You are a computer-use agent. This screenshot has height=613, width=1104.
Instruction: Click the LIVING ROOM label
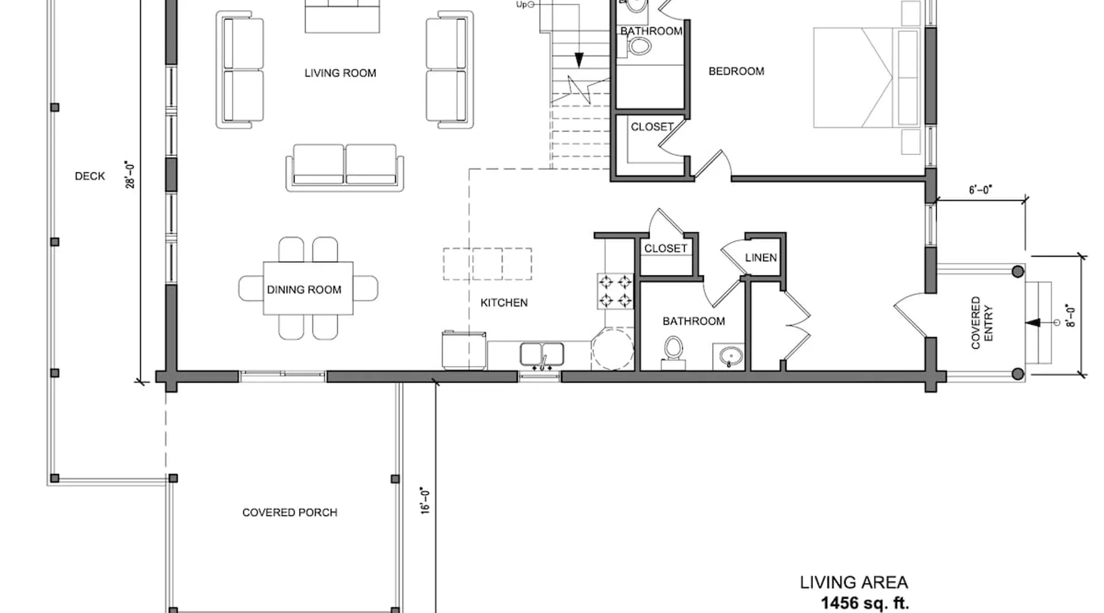pyautogui.click(x=340, y=73)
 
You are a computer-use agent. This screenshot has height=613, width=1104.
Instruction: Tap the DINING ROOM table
pyautogui.click(x=308, y=288)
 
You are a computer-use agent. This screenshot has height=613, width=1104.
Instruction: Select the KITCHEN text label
pyautogui.click(x=504, y=302)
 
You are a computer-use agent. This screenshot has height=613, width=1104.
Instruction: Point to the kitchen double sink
pyautogui.click(x=542, y=356)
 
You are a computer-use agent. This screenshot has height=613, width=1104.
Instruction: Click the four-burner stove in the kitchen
pyautogui.click(x=615, y=291)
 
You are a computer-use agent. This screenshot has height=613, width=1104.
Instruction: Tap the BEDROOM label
pyautogui.click(x=736, y=71)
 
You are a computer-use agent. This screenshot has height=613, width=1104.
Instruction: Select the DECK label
pyautogui.click(x=90, y=176)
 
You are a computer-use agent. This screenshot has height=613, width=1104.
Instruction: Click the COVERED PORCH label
pyautogui.click(x=289, y=512)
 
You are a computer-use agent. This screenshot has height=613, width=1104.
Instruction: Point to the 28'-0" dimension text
pyautogui.click(x=130, y=175)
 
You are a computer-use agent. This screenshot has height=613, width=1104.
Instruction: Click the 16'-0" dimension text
pyautogui.click(x=425, y=500)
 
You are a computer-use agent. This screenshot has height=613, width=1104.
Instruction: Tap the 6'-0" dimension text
pyautogui.click(x=980, y=190)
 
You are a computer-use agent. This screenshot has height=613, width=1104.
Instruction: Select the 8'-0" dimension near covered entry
pyautogui.click(x=1071, y=315)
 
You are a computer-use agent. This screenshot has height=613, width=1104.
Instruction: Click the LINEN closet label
pyautogui.click(x=761, y=257)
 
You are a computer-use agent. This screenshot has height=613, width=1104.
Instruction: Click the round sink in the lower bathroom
pyautogui.click(x=729, y=356)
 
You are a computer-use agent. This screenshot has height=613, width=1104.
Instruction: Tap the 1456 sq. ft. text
pyautogui.click(x=865, y=603)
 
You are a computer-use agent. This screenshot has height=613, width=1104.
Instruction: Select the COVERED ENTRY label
pyautogui.click(x=981, y=323)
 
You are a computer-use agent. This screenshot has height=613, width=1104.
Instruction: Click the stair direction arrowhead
pyautogui.click(x=579, y=60)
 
